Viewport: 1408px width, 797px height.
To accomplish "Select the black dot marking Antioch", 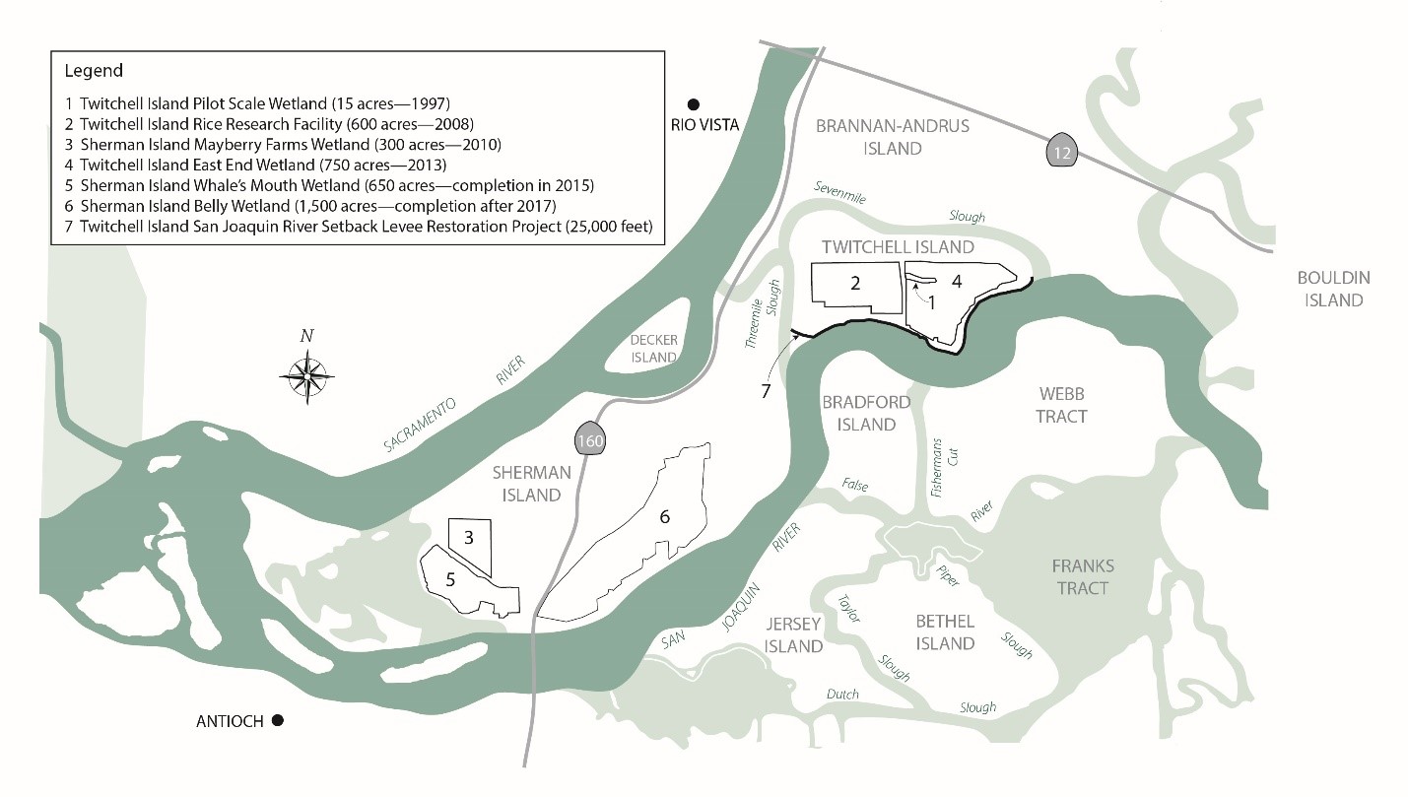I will [x=278, y=721].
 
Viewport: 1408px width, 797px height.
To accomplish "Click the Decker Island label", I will [x=654, y=349].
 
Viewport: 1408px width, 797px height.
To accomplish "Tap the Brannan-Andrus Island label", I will [x=893, y=137].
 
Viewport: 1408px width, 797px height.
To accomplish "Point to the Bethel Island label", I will [x=945, y=631].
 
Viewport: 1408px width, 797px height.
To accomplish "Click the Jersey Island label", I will [x=793, y=634].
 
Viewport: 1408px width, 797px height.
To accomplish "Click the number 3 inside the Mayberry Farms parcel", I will [x=469, y=539].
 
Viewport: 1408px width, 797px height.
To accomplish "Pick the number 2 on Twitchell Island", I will [x=855, y=284].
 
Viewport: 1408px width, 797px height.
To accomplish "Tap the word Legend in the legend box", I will [x=94, y=71].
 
